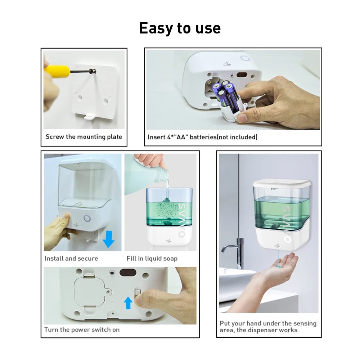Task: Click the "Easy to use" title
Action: (180, 28)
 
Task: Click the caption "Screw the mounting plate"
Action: (84, 137)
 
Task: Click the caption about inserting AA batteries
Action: (202, 137)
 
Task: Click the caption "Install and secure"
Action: (71, 258)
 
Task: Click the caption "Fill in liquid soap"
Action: (152, 258)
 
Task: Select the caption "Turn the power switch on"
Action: (82, 330)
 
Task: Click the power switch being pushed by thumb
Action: (137, 292)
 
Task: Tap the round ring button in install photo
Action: (87, 219)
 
